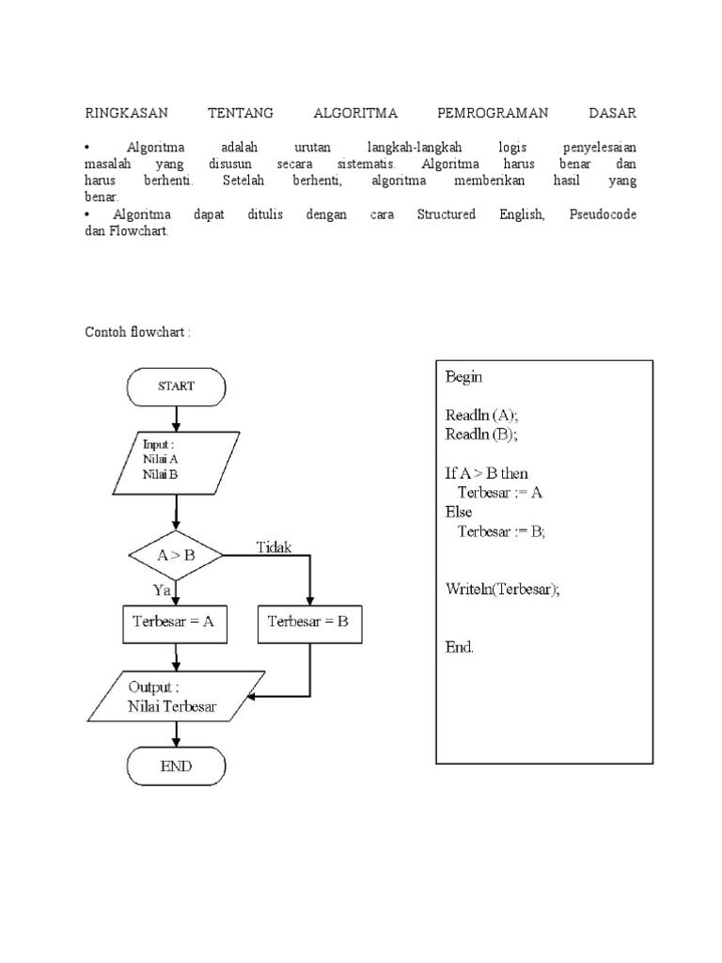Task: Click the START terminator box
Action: [x=176, y=386]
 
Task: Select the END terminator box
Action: [x=176, y=766]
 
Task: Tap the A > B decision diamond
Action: [x=176, y=555]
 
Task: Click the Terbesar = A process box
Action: [x=176, y=622]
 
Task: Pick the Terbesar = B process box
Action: [x=308, y=622]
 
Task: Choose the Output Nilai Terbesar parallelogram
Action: [x=176, y=697]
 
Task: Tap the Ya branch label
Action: [x=162, y=590]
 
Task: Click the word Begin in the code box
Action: [x=464, y=377]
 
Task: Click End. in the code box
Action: [x=460, y=647]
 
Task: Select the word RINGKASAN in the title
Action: [x=126, y=114]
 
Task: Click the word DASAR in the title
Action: [x=612, y=114]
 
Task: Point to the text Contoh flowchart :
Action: [x=138, y=332]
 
